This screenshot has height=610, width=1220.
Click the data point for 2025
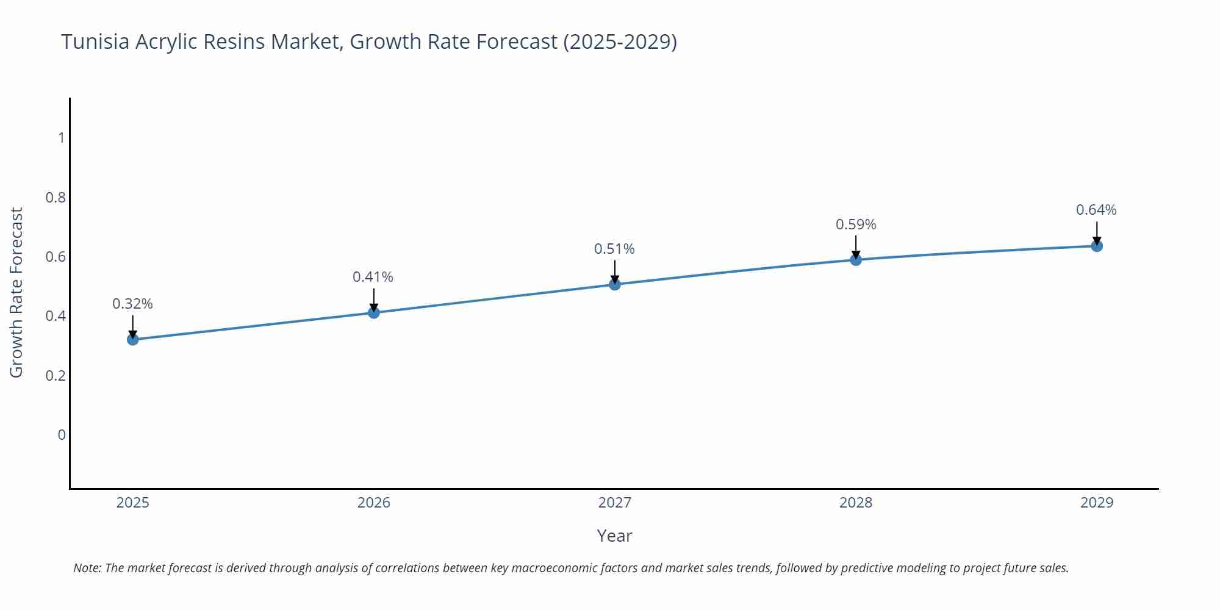pos(133,339)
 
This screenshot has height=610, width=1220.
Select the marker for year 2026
pos(374,312)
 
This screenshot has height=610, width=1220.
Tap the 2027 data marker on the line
pos(615,284)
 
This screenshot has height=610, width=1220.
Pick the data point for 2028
pos(856,260)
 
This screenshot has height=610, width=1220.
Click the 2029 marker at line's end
pos(1097,246)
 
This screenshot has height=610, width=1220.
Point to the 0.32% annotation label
pos(132,304)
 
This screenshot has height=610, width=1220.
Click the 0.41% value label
pos(373,277)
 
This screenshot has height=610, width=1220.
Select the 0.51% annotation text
pos(614,249)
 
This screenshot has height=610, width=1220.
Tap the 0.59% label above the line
pos(856,224)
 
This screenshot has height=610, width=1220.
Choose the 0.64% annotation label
pos(1096,210)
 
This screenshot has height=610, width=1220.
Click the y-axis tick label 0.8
pos(56,197)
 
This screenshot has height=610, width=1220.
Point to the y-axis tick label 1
pos(61,138)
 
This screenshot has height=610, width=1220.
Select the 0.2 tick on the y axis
pos(56,375)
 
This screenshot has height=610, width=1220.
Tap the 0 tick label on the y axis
pos(61,435)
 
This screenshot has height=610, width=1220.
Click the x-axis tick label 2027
pos(615,503)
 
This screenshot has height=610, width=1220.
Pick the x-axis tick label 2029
pos(1097,503)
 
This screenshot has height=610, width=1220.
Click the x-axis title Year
pos(614,536)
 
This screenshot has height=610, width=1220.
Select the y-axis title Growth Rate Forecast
pos(16,292)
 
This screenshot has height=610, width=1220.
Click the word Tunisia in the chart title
pos(95,41)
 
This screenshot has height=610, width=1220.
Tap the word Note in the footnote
pos(87,568)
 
